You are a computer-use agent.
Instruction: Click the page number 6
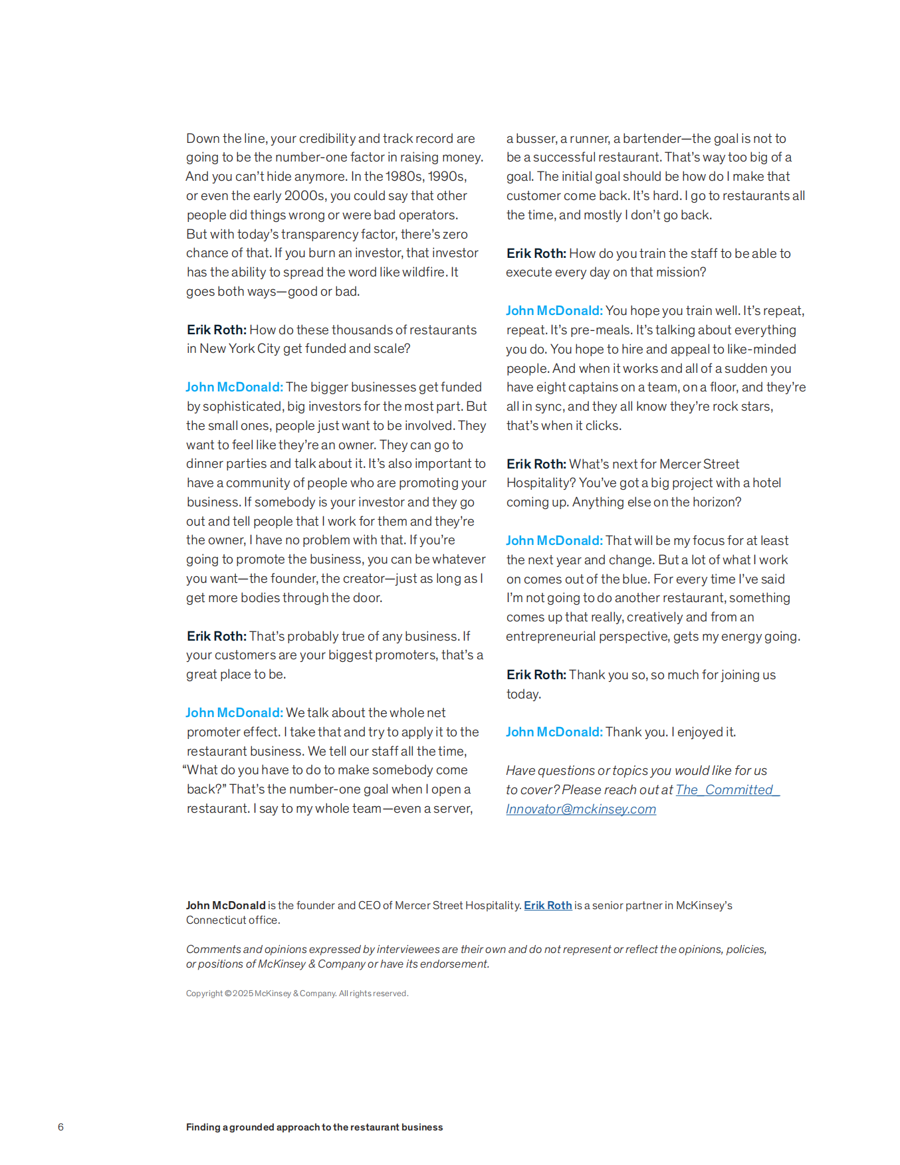click(60, 1127)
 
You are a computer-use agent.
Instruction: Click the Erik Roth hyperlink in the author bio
click(548, 905)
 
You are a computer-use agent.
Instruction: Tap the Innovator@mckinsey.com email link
click(581, 809)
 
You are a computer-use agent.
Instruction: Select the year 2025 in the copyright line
click(243, 994)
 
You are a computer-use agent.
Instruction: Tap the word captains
click(590, 387)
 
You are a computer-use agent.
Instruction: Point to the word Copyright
click(204, 994)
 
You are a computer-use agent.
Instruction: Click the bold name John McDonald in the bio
click(225, 905)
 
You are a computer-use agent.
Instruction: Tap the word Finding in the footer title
click(203, 1127)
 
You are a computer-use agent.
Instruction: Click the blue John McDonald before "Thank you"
click(554, 732)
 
